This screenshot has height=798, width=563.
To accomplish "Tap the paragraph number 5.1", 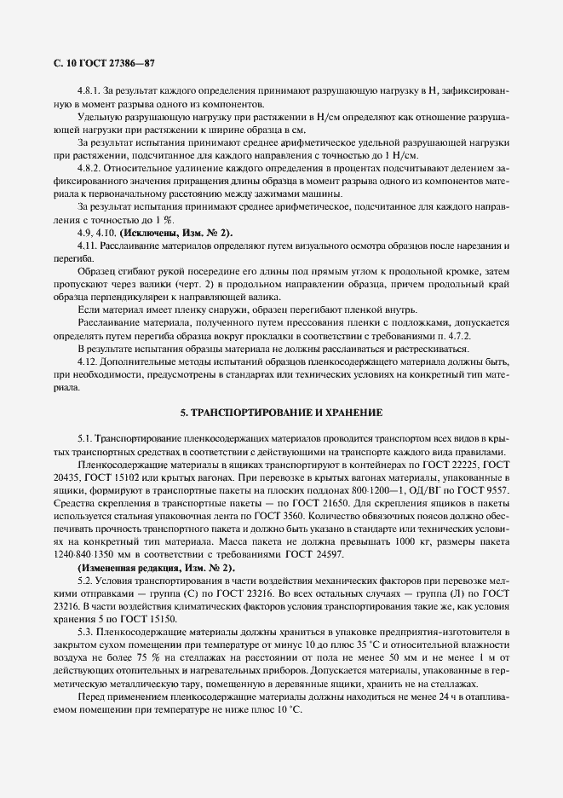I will point(84,437).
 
